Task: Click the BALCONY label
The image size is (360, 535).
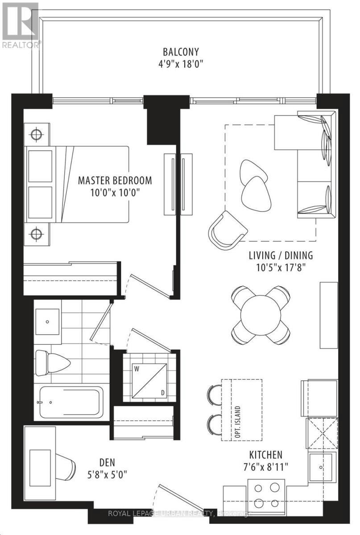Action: point(181,52)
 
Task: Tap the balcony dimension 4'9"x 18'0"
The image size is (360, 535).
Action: point(181,64)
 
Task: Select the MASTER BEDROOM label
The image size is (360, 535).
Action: point(115,180)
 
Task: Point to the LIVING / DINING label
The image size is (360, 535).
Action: point(281,255)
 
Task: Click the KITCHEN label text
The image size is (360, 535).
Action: point(266,455)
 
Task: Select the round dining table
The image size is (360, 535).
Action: point(261,315)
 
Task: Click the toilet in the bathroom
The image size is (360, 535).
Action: point(53,363)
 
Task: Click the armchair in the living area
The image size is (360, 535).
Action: point(227,231)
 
